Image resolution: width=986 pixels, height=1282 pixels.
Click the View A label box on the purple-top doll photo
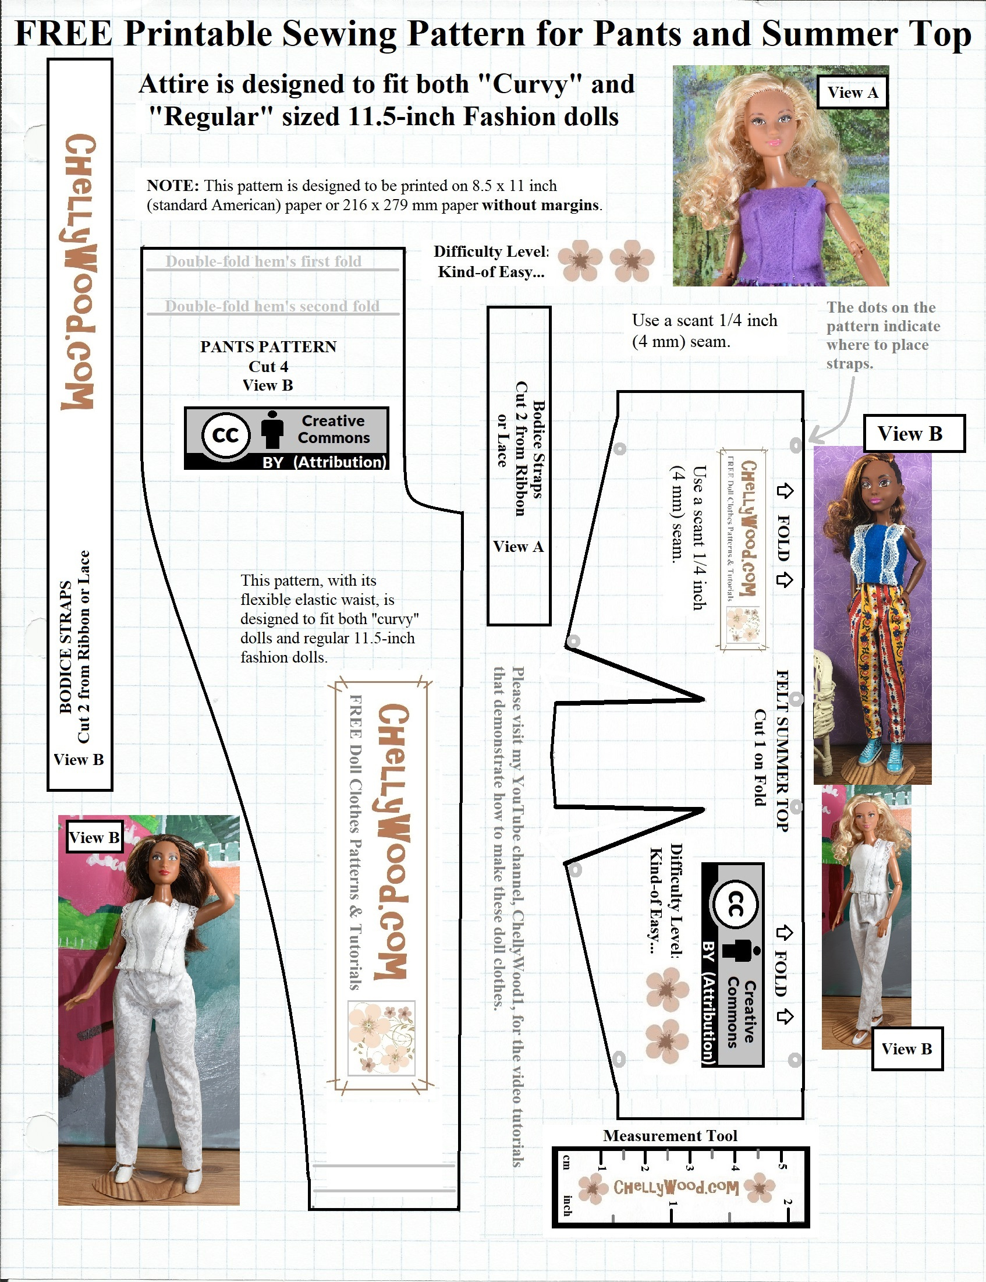(852, 92)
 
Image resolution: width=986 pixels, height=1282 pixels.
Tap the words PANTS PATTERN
(268, 346)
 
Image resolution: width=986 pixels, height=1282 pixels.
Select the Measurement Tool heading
(670, 1135)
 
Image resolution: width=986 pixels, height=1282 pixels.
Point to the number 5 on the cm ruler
(781, 1165)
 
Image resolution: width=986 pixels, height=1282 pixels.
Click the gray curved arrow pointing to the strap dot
(836, 411)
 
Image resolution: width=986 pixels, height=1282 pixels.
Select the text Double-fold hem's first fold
(264, 261)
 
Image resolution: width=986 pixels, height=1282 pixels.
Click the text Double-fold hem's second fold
(272, 306)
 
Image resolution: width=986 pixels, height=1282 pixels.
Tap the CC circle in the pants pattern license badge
(226, 435)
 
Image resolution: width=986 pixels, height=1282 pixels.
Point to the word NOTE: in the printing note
(173, 186)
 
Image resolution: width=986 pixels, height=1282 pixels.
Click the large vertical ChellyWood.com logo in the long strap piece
(79, 271)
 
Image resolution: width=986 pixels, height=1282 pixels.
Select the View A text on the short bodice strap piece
(518, 547)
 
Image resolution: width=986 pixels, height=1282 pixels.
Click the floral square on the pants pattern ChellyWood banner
(381, 1039)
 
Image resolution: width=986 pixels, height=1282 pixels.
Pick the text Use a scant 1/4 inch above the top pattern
(704, 320)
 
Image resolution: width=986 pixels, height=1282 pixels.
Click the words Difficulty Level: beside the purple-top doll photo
(491, 252)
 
